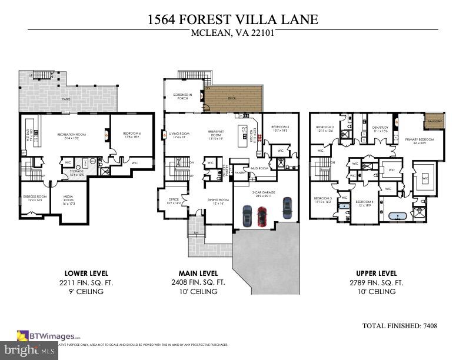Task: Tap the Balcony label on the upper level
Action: pos(435,121)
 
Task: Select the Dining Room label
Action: pos(217,201)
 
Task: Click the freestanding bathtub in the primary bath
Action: pos(397,216)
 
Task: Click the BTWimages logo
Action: pos(49,336)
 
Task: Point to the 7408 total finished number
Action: pos(428,325)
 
